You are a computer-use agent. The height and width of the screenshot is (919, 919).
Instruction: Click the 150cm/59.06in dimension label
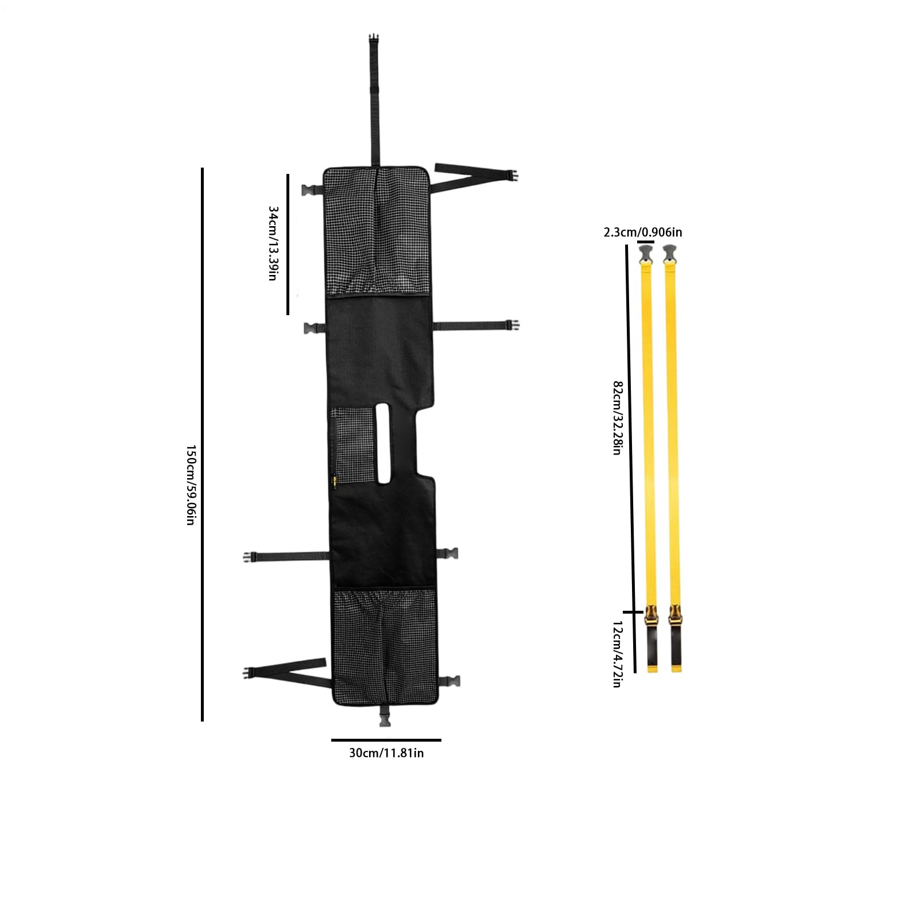pyautogui.click(x=191, y=485)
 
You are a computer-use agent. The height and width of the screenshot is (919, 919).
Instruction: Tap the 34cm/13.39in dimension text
pyautogui.click(x=273, y=243)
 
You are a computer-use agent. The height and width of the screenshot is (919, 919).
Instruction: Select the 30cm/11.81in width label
pyautogui.click(x=386, y=753)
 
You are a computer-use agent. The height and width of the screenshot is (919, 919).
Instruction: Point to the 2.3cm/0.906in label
pyautogui.click(x=643, y=232)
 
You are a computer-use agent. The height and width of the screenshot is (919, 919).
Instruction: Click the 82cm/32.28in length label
pyautogui.click(x=617, y=418)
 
